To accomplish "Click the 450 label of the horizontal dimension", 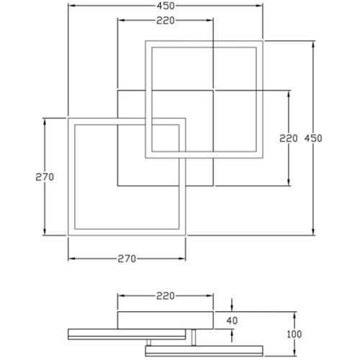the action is pos(166,6).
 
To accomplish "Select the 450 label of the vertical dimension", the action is pos(313,138).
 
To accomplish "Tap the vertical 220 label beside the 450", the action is pos(288,138).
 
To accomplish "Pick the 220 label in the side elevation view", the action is pos(166,296).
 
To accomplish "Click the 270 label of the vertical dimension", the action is pos(45,177).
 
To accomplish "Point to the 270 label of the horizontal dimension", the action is pos(127,258).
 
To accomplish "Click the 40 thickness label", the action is pos(232,320).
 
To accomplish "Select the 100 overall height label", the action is pos(294,334).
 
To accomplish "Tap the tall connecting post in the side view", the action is pos(194,338).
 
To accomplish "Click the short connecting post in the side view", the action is pos(149,343).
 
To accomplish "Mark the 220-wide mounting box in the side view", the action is pos(166,320).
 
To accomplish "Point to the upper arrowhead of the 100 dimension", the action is pos(294,315).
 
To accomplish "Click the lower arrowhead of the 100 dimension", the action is pos(294,352).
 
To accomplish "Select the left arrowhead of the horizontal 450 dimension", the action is pos(72,6).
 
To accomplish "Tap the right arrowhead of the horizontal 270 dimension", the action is pos(181,258).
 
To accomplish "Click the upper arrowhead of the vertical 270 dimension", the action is pos(45,122).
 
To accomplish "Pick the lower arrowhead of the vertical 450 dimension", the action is pos(313,231).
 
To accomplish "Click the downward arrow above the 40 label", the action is pos(232,305).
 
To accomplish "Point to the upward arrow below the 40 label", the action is pos(232,336).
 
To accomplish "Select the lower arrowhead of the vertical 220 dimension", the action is pos(289,182).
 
